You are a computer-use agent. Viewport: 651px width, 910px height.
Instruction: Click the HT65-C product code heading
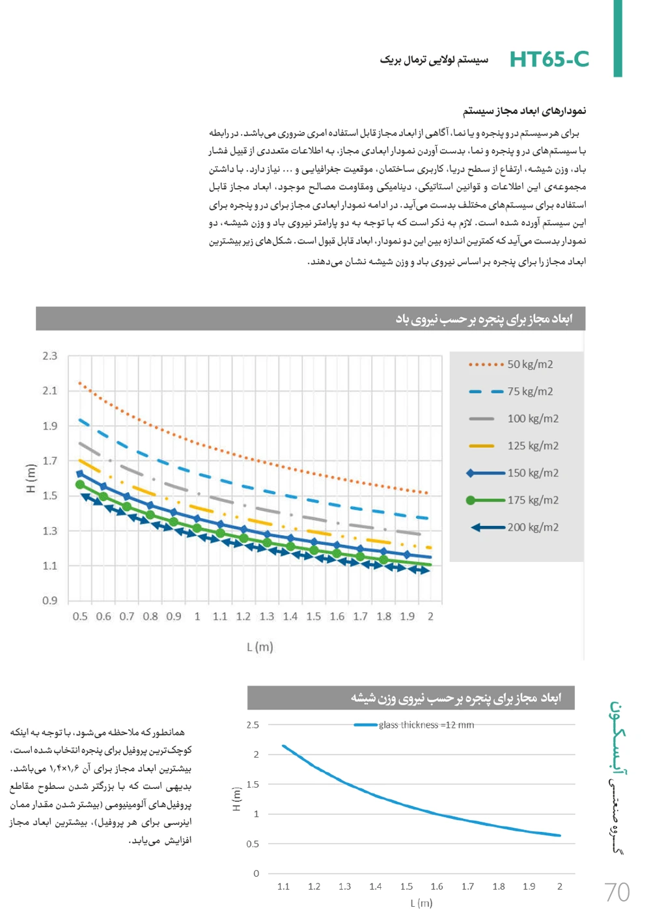pyautogui.click(x=549, y=59)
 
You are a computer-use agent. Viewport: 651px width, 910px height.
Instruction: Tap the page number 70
pyautogui.click(x=616, y=892)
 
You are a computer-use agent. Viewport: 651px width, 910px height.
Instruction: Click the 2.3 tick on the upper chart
pyautogui.click(x=50, y=356)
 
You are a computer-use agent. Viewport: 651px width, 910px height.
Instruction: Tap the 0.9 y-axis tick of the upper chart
pyautogui.click(x=50, y=600)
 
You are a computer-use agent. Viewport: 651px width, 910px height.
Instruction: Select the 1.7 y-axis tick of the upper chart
pyautogui.click(x=50, y=461)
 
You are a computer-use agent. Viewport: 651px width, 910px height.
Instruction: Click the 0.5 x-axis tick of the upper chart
pyautogui.click(x=80, y=616)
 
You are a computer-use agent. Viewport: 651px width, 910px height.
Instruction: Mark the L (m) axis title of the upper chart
pyautogui.click(x=260, y=647)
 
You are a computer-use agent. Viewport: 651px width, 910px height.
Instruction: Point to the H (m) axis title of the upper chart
pyautogui.click(x=31, y=478)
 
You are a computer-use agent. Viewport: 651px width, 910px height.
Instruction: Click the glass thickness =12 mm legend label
pyautogui.click(x=426, y=725)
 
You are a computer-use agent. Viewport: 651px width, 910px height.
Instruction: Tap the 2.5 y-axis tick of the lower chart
pyautogui.click(x=253, y=724)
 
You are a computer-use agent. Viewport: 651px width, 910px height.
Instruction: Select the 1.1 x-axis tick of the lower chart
pyautogui.click(x=284, y=887)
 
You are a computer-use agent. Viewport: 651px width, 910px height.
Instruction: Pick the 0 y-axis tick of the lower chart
pyautogui.click(x=256, y=874)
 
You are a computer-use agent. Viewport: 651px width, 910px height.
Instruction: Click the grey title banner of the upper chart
pyautogui.click(x=311, y=319)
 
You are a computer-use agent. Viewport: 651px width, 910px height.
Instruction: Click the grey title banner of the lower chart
pyautogui.click(x=411, y=698)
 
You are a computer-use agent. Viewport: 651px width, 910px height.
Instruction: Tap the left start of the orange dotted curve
pyautogui.click(x=79, y=383)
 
